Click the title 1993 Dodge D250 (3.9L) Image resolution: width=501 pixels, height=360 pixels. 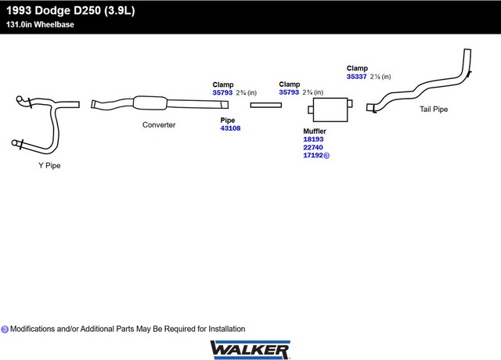(70, 10)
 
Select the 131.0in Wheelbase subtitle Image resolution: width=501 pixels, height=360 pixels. (40, 24)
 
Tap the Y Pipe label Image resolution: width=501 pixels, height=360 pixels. (49, 165)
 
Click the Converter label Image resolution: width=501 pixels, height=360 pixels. (159, 125)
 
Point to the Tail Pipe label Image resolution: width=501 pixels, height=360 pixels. (434, 110)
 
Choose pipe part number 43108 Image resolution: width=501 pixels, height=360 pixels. (230, 128)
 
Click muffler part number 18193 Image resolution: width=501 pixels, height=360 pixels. (313, 139)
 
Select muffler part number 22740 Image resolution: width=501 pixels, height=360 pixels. (313, 147)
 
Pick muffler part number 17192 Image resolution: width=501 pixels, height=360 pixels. (313, 155)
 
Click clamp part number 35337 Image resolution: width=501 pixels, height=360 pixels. (357, 77)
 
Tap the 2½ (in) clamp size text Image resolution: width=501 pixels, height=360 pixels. (380, 77)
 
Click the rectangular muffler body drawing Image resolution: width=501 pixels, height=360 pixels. (330, 110)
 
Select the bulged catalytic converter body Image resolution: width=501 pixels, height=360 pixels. (150, 103)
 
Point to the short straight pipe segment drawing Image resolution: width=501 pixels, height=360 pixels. (266, 105)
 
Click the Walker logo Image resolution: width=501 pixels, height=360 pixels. (250, 350)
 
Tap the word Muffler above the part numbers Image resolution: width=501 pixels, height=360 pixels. (315, 131)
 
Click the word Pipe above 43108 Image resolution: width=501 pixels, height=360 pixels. (228, 121)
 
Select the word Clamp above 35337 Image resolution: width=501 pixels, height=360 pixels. (357, 68)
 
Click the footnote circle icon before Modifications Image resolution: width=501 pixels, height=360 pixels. (5, 329)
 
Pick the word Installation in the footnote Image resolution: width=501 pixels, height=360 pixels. (227, 329)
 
